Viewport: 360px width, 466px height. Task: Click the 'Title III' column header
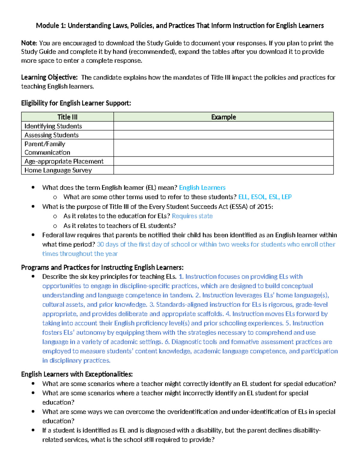tap(67, 117)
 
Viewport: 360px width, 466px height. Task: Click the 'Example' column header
tap(223, 117)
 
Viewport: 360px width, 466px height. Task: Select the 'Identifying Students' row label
tap(53, 126)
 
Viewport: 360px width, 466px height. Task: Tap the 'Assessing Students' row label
tap(51, 135)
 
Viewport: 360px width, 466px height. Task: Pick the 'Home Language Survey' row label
tap(58, 170)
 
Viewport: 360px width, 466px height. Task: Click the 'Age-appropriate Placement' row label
tap(64, 161)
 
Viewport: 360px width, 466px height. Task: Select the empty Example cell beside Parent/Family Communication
tap(223, 148)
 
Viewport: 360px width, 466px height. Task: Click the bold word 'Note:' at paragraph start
tap(29, 43)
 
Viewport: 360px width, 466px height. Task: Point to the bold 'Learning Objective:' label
tap(49, 77)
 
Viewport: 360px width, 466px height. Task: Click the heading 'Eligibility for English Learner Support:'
tap(76, 103)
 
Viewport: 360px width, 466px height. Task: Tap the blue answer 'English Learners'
tap(202, 188)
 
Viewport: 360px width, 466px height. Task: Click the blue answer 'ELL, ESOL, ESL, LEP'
tap(265, 197)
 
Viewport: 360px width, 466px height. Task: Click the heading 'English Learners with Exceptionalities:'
tap(77, 374)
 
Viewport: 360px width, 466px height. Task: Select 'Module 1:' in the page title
tap(51, 26)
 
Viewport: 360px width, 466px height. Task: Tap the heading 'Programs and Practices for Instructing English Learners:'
tap(102, 267)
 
